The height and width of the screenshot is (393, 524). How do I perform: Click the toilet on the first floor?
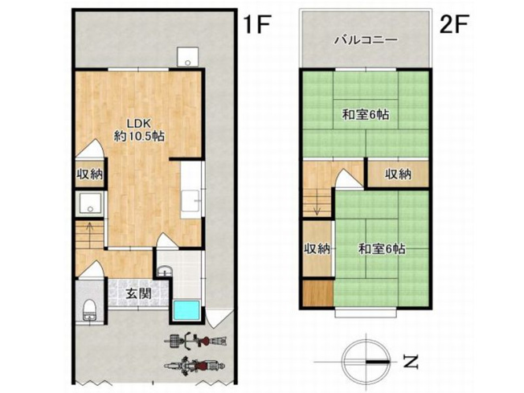click(x=88, y=307)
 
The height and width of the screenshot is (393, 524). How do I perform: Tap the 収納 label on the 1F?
click(x=89, y=174)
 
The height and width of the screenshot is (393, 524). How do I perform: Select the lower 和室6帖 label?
click(x=381, y=249)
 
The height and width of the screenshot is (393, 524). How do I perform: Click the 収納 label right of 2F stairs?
click(x=397, y=174)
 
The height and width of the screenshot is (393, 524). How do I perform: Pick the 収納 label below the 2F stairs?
click(x=317, y=249)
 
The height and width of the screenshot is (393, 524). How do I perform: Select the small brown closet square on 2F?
click(x=317, y=293)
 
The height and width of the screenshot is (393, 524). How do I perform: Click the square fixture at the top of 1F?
click(x=186, y=55)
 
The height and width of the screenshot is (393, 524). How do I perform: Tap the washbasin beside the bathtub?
click(x=164, y=270)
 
